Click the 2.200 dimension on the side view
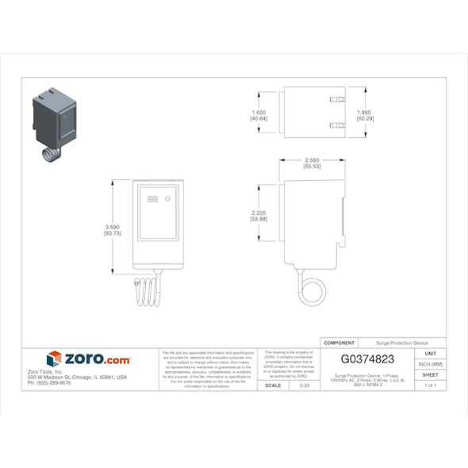pyautogui.click(x=259, y=216)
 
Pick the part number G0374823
pyautogui.click(x=367, y=359)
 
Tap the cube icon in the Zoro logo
pyautogui.click(x=54, y=359)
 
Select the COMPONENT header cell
pyautogui.click(x=340, y=343)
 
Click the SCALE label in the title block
pyautogui.click(x=273, y=385)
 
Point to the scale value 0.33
pyautogui.click(x=305, y=385)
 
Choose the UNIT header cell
pyautogui.click(x=431, y=353)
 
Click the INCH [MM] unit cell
pyautogui.click(x=431, y=363)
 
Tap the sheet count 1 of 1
pyautogui.click(x=431, y=385)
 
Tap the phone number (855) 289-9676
pyautogui.click(x=49, y=382)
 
